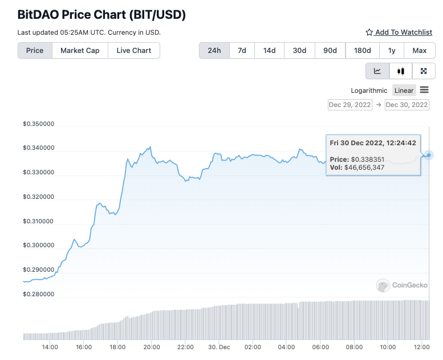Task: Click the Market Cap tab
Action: [80, 50]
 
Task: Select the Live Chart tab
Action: [134, 50]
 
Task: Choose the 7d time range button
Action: [242, 50]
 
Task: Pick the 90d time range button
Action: [330, 50]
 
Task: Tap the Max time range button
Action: [420, 50]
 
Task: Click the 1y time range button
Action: [392, 50]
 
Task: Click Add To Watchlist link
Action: [399, 32]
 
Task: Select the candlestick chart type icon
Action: [400, 71]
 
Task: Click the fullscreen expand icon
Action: [424, 71]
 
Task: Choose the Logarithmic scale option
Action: [369, 91]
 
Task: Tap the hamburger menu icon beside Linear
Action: [424, 90]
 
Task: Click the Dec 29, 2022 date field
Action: [350, 105]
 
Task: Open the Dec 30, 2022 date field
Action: [407, 105]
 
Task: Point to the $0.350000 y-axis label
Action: [39, 124]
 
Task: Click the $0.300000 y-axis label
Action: [39, 246]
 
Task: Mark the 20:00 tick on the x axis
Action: [151, 346]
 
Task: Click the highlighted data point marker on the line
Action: [429, 155]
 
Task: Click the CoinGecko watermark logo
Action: [399, 285]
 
